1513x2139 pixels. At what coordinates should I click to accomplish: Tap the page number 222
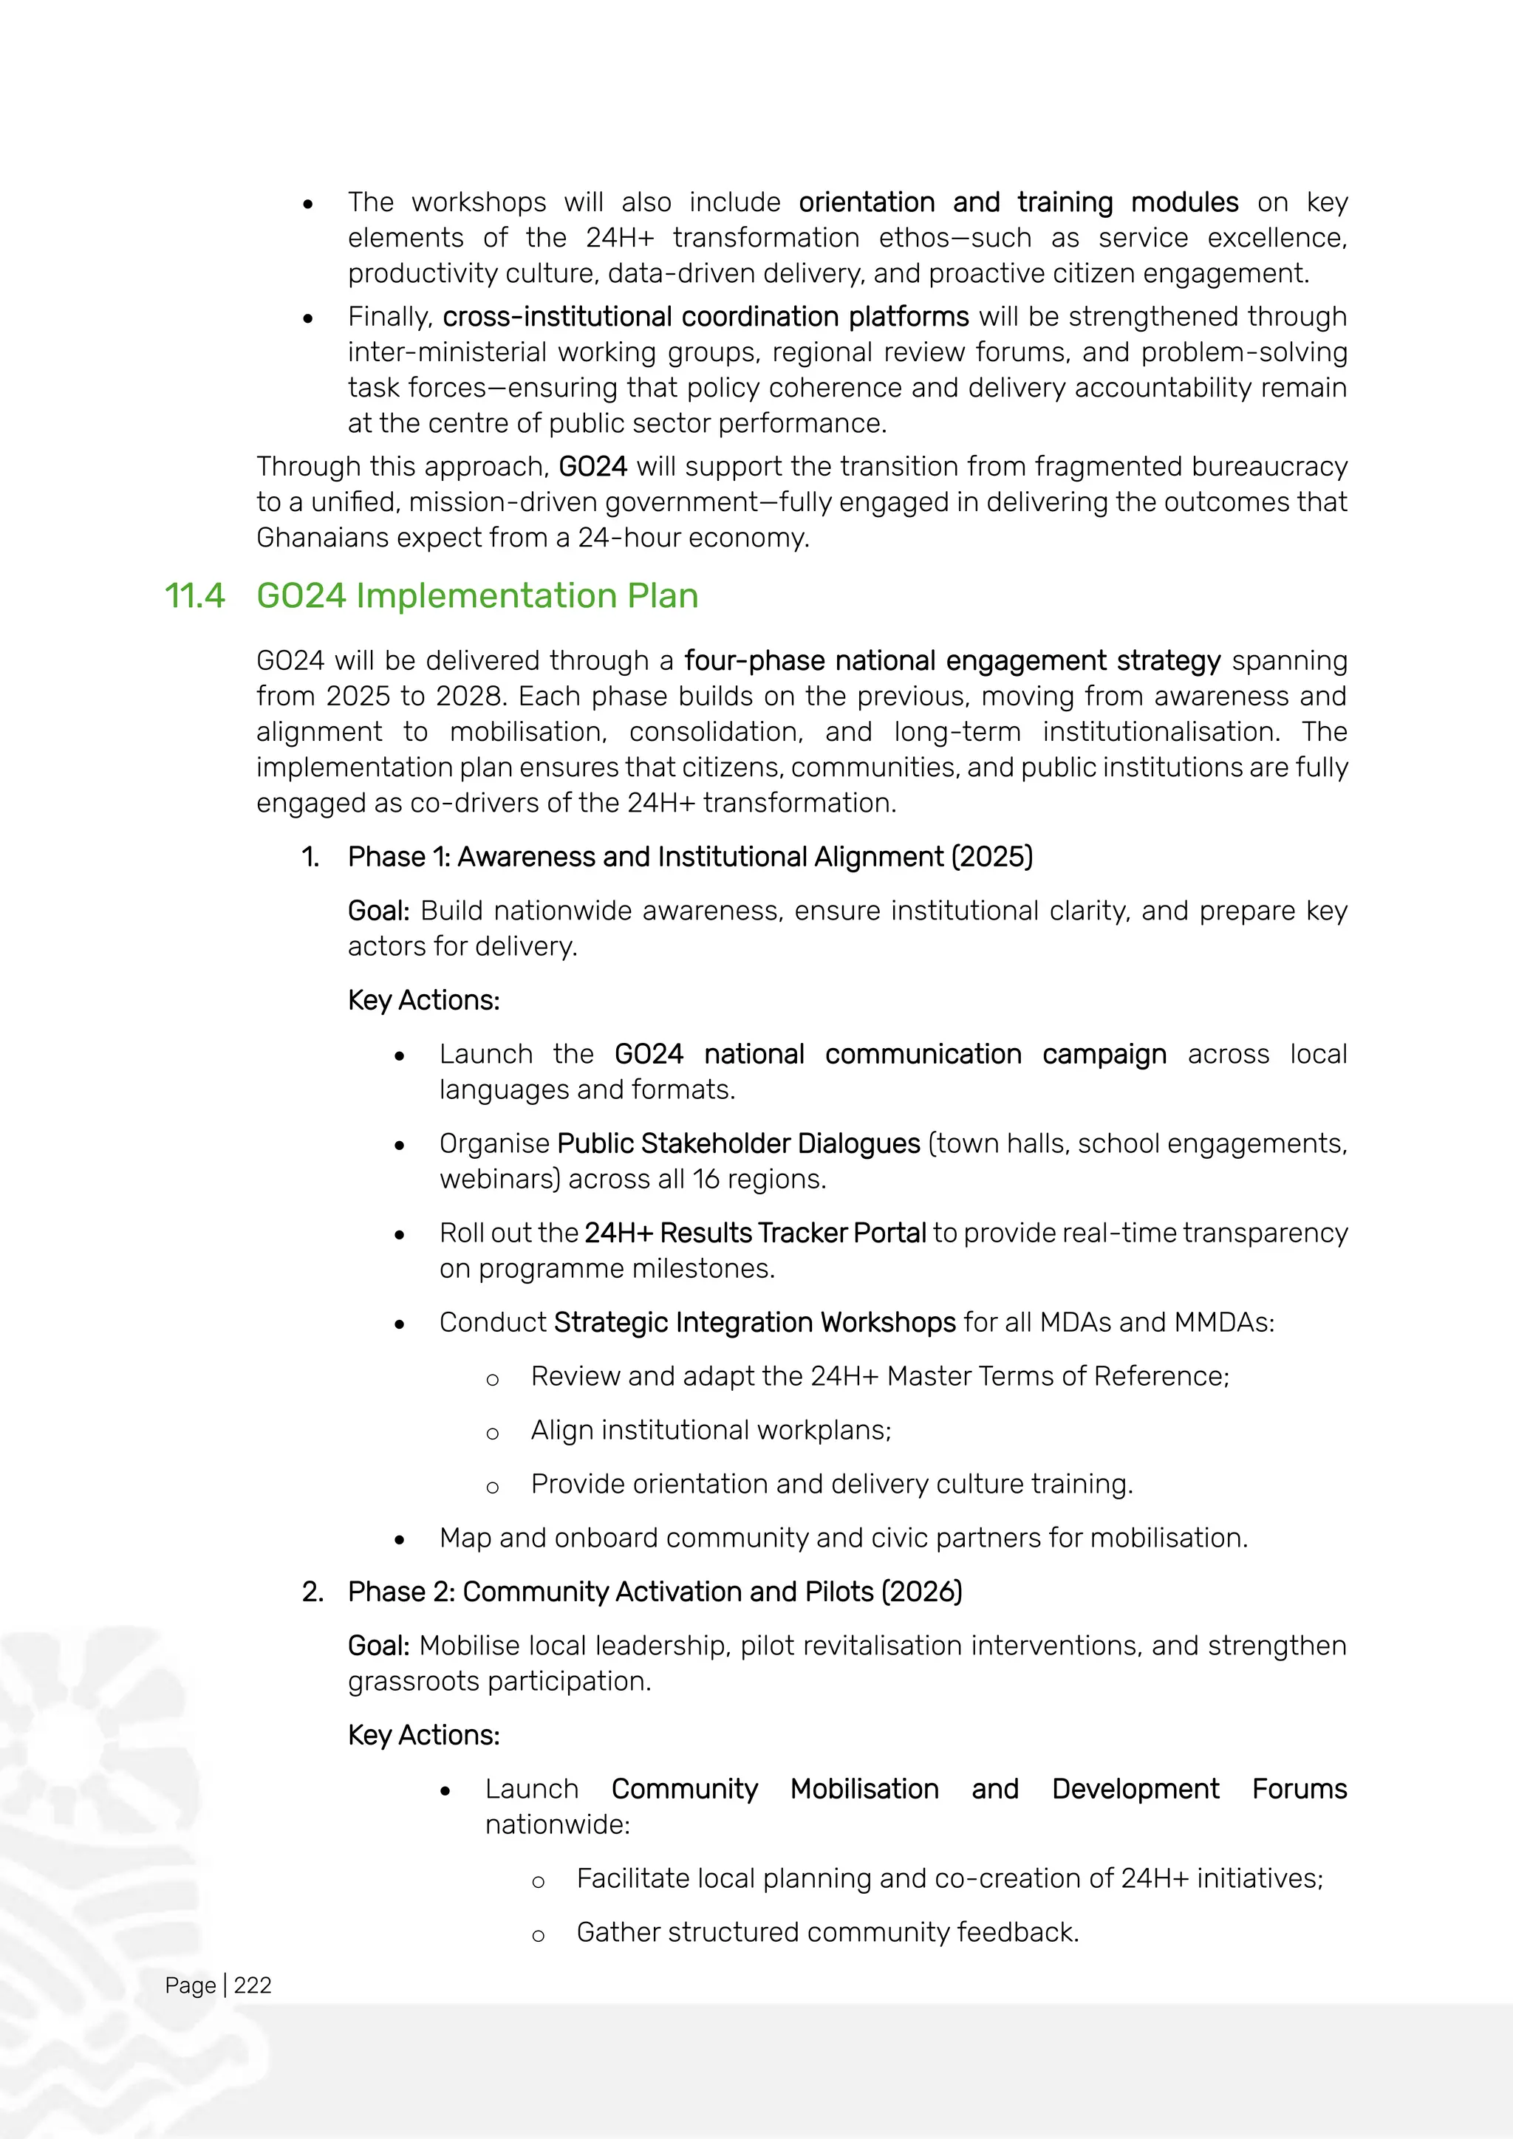pyautogui.click(x=253, y=1985)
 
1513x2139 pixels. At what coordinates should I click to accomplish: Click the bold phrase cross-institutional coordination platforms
pyautogui.click(x=706, y=317)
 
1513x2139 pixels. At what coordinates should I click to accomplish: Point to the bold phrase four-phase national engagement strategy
pyautogui.click(x=952, y=660)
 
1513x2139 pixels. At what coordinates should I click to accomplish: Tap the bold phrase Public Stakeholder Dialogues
pyautogui.click(x=738, y=1144)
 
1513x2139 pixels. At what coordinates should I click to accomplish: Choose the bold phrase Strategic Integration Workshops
pyautogui.click(x=754, y=1323)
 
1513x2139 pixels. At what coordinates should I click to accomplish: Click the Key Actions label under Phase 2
pyautogui.click(x=423, y=1736)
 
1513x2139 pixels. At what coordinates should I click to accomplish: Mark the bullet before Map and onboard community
pyautogui.click(x=400, y=1540)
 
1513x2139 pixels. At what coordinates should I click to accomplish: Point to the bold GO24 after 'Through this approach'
pyautogui.click(x=592, y=467)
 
